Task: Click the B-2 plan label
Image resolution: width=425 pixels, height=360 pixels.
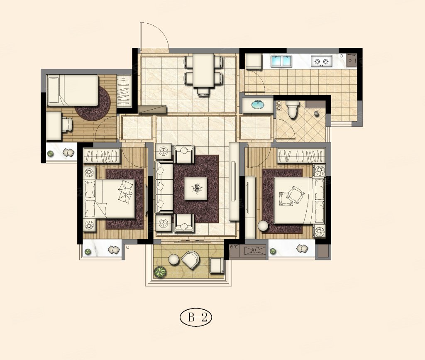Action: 196,318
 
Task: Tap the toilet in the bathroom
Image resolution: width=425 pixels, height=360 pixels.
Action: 292,109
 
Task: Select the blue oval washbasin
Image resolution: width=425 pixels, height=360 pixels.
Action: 258,105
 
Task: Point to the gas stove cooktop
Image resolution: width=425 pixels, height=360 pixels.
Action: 322,61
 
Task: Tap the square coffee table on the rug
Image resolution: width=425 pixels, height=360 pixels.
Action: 196,188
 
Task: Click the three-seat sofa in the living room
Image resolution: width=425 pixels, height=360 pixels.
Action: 164,187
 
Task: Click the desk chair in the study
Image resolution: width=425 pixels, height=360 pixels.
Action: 67,125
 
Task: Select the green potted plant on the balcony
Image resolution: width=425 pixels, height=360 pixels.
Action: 160,272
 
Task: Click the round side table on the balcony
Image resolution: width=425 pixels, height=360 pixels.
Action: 174,260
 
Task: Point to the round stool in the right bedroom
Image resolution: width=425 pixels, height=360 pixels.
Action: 263,226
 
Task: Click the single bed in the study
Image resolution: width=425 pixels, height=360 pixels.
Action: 73,90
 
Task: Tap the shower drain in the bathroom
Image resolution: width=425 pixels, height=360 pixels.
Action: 316,113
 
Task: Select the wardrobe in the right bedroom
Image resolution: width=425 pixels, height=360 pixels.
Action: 301,156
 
